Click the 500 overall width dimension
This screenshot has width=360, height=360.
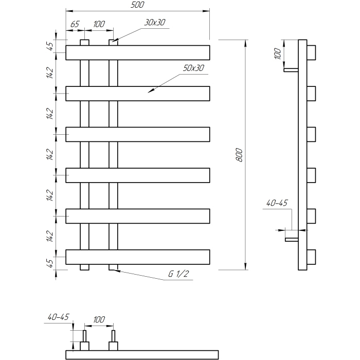click(x=137, y=5)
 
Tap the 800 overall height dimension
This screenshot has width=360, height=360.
click(x=239, y=155)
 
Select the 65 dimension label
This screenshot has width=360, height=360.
click(x=75, y=24)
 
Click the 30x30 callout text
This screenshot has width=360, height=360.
click(x=155, y=22)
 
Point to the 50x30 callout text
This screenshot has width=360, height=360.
click(x=193, y=68)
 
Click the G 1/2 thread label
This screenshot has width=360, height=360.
click(x=178, y=274)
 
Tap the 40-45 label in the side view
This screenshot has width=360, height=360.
click(x=277, y=203)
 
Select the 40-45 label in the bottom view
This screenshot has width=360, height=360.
click(x=58, y=317)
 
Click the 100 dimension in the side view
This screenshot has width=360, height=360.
click(x=278, y=53)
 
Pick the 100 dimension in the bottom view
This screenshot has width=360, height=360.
click(x=99, y=319)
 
